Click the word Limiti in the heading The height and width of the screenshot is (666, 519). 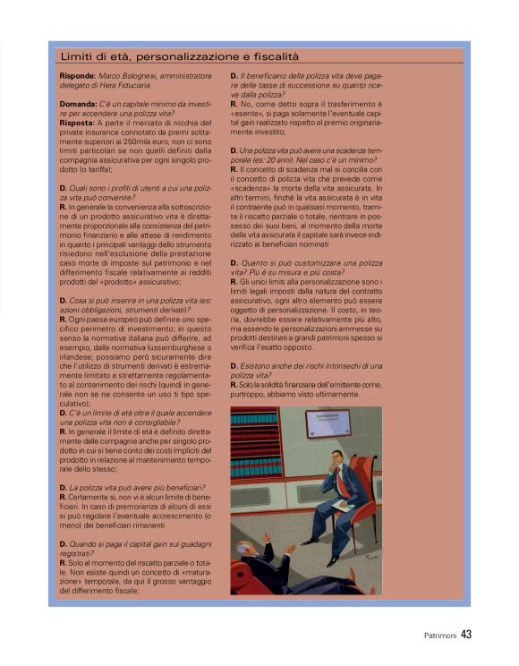click(x=76, y=57)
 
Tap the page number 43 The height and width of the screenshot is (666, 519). click(x=466, y=635)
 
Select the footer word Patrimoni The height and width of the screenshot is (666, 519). click(x=440, y=636)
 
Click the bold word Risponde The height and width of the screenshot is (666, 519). click(x=74, y=77)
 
